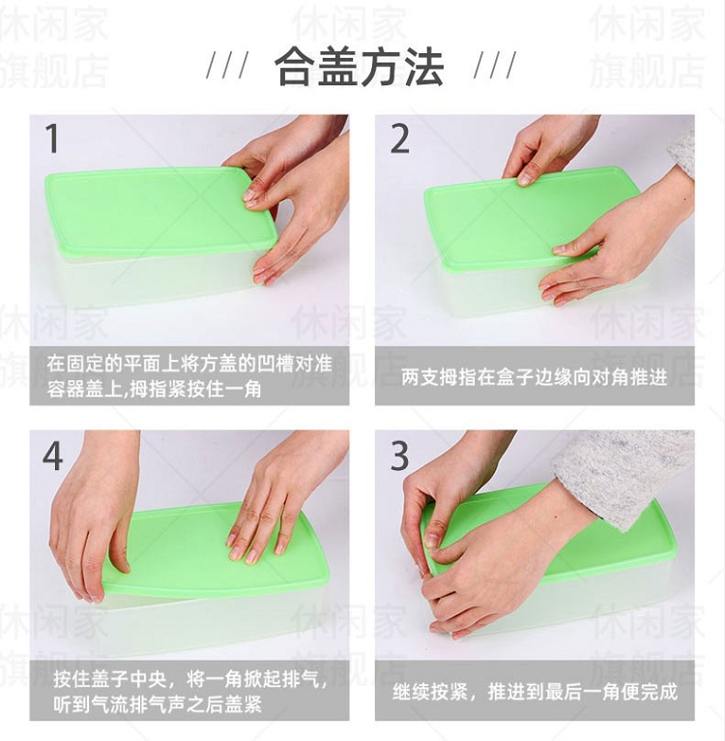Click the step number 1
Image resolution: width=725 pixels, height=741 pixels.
pyautogui.click(x=52, y=138)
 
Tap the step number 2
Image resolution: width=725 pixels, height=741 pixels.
pyautogui.click(x=399, y=138)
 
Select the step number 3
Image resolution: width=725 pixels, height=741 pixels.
pyautogui.click(x=399, y=456)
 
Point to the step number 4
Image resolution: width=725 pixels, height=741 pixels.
pyautogui.click(x=52, y=456)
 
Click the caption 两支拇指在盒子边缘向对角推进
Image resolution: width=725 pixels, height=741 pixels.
pyautogui.click(x=535, y=376)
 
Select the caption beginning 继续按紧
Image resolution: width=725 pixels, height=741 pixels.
pyautogui.click(x=535, y=692)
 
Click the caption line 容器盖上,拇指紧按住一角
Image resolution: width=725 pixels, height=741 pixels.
pyautogui.click(x=154, y=390)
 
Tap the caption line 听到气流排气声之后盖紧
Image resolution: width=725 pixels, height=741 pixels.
pyautogui.click(x=158, y=704)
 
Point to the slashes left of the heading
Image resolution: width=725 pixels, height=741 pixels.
pyautogui.click(x=227, y=65)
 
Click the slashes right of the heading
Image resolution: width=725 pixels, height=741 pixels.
pyautogui.click(x=495, y=65)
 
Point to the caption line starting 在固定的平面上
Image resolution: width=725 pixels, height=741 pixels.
pyautogui.click(x=188, y=364)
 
